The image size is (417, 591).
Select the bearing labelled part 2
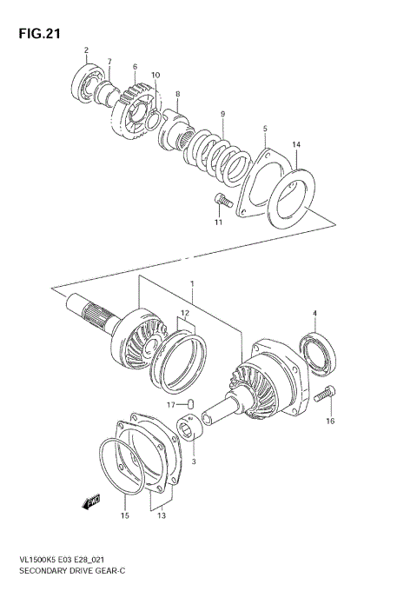coord(85,85)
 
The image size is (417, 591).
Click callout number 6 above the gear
coord(136,67)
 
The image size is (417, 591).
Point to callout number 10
coord(156,76)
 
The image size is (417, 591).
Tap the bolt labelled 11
coord(220,202)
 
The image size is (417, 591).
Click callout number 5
coord(265,130)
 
